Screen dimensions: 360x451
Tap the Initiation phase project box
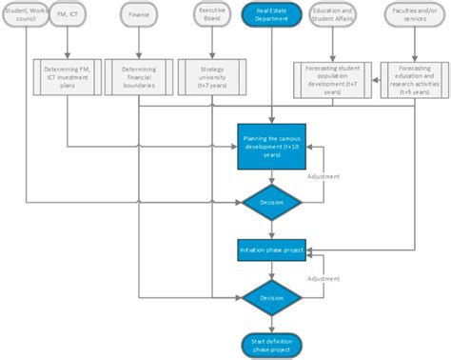click(x=272, y=250)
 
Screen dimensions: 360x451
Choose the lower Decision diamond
click(x=272, y=297)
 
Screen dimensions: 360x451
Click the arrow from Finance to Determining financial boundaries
click(x=140, y=43)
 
